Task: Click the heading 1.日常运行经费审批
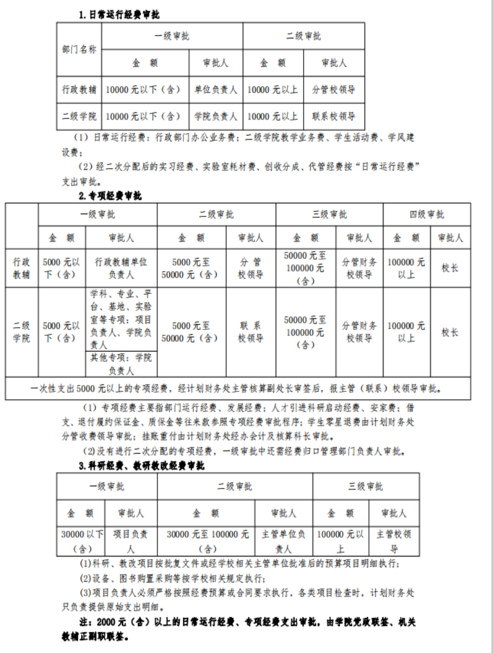coord(119,14)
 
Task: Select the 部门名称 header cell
coord(79,50)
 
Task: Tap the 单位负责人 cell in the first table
coord(215,90)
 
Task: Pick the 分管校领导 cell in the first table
coord(334,90)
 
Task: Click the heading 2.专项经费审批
coord(110,196)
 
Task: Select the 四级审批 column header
coord(427,214)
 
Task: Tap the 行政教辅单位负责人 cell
coord(121,268)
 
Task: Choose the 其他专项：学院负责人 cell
coord(121,364)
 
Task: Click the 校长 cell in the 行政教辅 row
coord(450,268)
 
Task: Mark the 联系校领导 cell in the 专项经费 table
coord(250,332)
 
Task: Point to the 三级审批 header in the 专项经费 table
coord(330,214)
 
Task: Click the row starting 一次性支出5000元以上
coord(237,389)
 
